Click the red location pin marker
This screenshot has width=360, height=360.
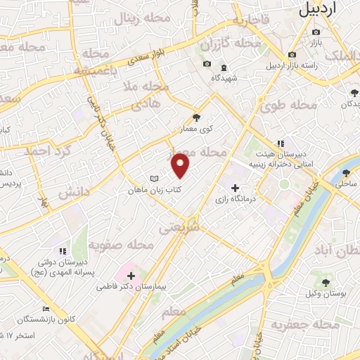[x=181, y=167]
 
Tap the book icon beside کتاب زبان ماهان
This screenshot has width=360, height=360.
[x=155, y=180]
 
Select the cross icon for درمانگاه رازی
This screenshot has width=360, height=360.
[x=236, y=188]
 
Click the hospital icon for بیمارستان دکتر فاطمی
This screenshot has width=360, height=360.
[x=131, y=276]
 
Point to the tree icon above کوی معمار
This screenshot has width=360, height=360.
[x=197, y=118]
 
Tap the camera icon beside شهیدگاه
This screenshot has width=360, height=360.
[x=207, y=65]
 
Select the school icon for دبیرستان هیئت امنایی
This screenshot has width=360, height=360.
[x=280, y=143]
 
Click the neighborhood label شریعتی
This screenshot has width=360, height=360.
[x=179, y=228]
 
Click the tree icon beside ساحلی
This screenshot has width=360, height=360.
[x=346, y=172]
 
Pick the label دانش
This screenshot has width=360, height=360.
[x=74, y=191]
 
